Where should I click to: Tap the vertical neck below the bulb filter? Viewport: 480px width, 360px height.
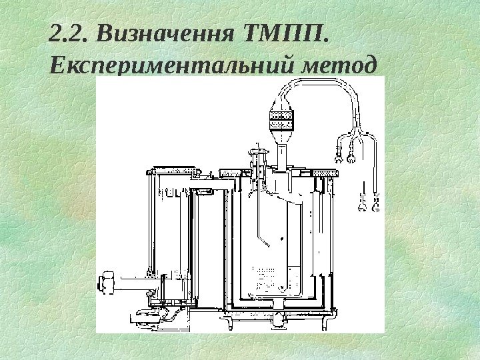281,156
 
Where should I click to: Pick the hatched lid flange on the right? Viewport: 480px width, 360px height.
327,174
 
